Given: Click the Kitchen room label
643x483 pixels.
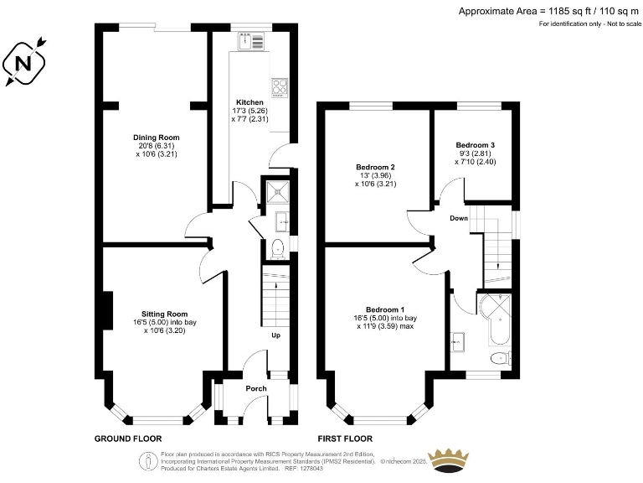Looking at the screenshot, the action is pyautogui.click(x=249, y=102).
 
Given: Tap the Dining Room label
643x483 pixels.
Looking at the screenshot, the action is pyautogui.click(x=157, y=138).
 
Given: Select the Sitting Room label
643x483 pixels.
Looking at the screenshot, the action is pyautogui.click(x=164, y=314).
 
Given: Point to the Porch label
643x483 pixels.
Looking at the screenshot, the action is pyautogui.click(x=256, y=388).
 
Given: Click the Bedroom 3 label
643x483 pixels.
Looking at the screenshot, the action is pyautogui.click(x=476, y=145).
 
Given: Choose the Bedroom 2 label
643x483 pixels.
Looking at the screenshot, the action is pyautogui.click(x=375, y=167).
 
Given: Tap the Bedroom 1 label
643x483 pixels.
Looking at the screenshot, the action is pyautogui.click(x=385, y=309).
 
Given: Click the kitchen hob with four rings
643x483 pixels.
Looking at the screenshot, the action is pyautogui.click(x=280, y=87).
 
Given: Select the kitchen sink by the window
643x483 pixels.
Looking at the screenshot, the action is pyautogui.click(x=251, y=41).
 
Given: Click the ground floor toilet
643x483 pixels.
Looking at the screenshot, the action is pyautogui.click(x=278, y=249).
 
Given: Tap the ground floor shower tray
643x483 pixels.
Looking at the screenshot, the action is pyautogui.click(x=278, y=192).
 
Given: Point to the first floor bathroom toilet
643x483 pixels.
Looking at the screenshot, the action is pyautogui.click(x=501, y=358).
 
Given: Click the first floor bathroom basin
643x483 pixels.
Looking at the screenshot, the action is pyautogui.click(x=457, y=342).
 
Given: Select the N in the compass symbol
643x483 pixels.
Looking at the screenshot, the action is pyautogui.click(x=23, y=64).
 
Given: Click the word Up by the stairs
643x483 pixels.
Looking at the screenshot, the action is pyautogui.click(x=276, y=335).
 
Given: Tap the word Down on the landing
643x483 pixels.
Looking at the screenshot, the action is pyautogui.click(x=459, y=218).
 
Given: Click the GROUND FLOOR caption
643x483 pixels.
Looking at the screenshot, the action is pyautogui.click(x=128, y=439).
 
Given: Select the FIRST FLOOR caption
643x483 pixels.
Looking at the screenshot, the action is pyautogui.click(x=345, y=439).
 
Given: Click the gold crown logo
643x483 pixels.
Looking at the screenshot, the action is pyautogui.click(x=448, y=461).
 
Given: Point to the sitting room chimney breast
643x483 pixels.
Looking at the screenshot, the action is pyautogui.click(x=107, y=310).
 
